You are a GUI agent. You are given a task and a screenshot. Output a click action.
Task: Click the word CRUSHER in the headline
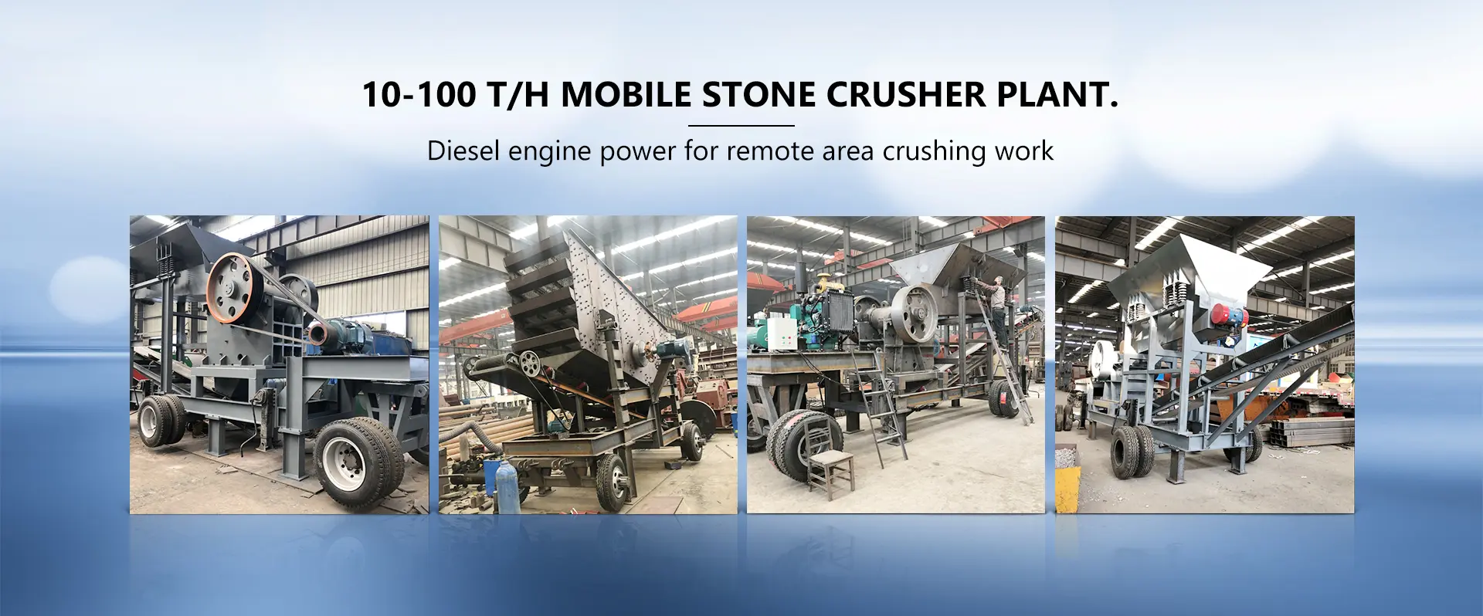click(x=907, y=94)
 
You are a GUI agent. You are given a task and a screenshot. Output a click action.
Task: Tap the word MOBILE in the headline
click(x=626, y=94)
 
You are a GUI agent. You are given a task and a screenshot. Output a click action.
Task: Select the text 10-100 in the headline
click(x=419, y=94)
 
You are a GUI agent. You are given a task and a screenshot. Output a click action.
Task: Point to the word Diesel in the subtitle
click(x=463, y=151)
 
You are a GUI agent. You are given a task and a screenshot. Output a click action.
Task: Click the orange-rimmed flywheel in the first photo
click(x=231, y=287)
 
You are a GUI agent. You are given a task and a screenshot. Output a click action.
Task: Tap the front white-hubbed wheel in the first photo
click(x=357, y=462)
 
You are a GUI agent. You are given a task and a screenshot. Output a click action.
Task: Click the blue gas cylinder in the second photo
click(x=505, y=487)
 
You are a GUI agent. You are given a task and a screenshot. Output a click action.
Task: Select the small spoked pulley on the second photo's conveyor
click(x=529, y=364)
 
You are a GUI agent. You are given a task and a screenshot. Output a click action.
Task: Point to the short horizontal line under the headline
click(x=741, y=125)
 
